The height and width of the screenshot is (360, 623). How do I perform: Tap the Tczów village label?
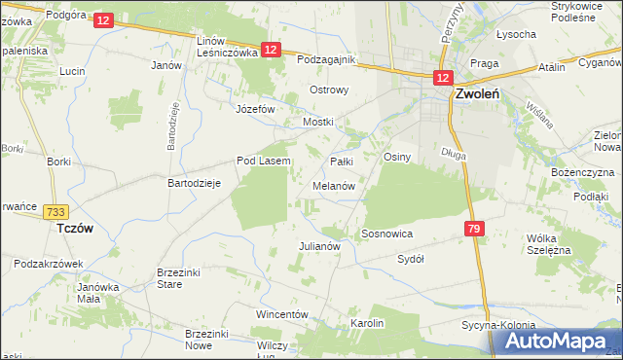click(74, 226)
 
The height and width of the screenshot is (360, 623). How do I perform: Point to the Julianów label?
click(318, 246)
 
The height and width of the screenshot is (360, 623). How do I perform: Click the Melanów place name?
click(333, 185)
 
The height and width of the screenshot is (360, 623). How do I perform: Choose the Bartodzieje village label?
click(195, 183)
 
